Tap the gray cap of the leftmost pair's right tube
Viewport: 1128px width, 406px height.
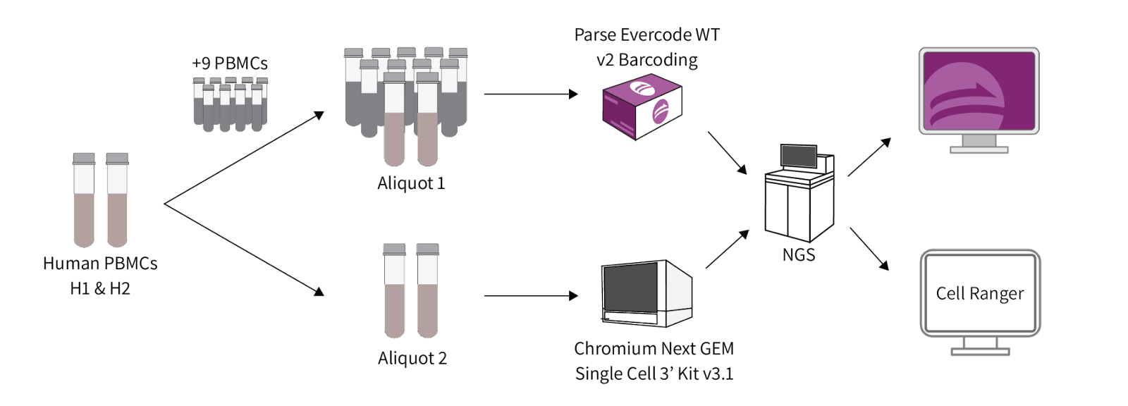coord(117,158)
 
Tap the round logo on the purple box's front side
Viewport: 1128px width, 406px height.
coord(665,112)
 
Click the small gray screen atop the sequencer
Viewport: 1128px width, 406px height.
coord(799,156)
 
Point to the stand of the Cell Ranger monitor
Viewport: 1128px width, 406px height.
coord(979,347)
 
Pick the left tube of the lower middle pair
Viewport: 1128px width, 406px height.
coord(394,293)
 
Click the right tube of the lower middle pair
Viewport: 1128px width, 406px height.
coord(427,293)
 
